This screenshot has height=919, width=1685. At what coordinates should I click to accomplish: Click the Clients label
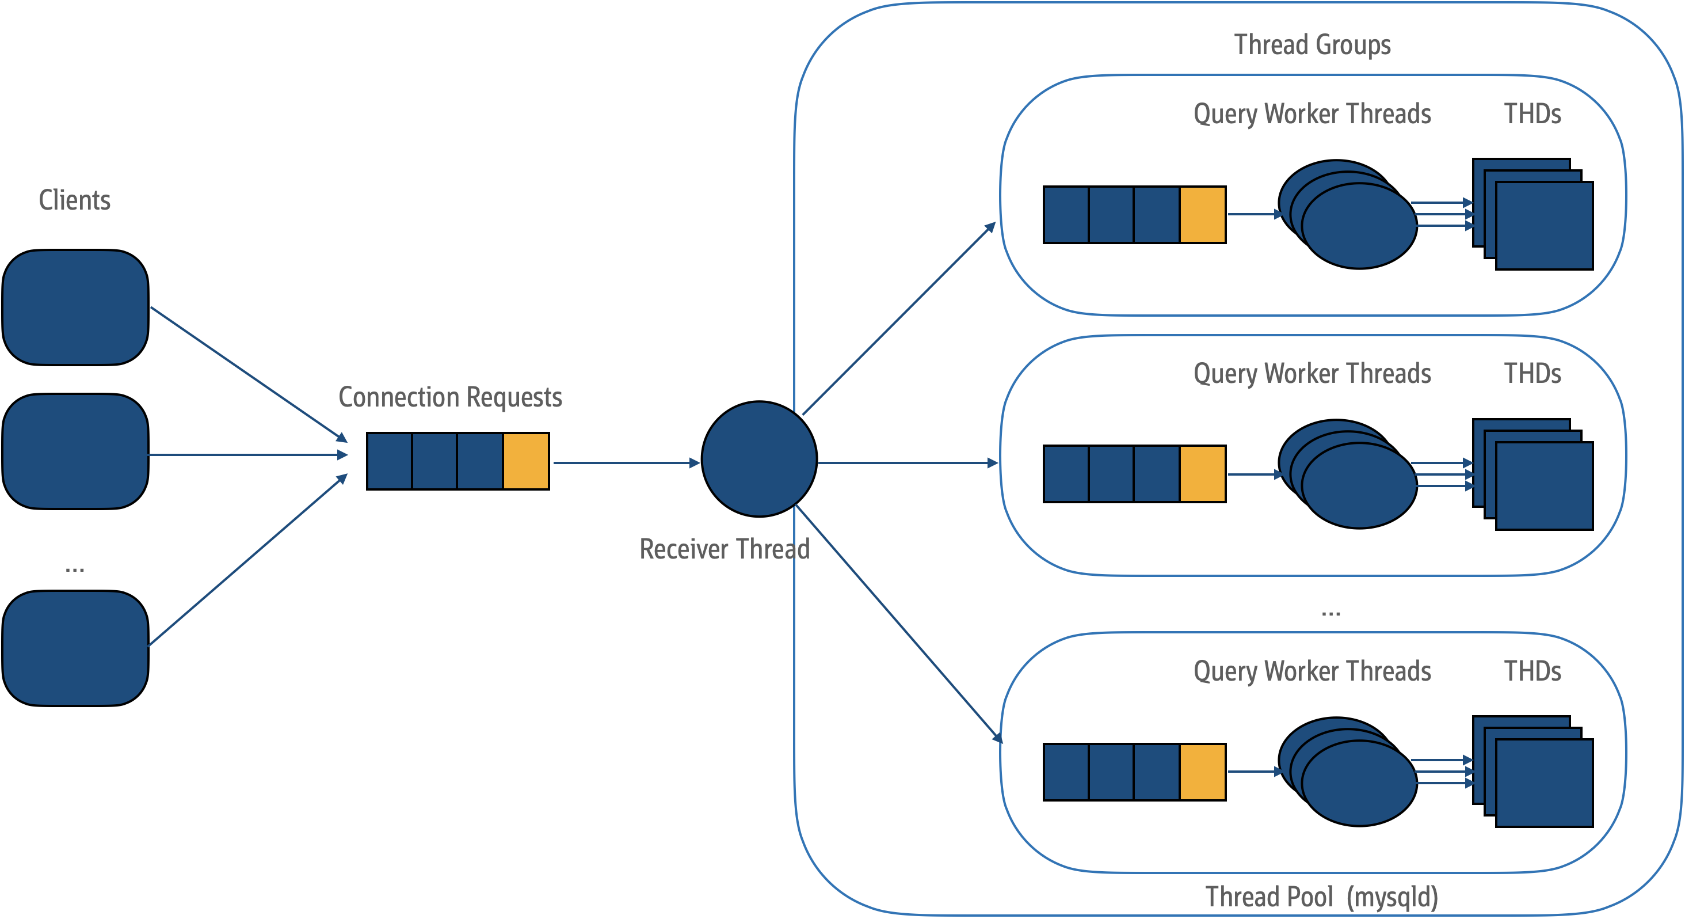(x=75, y=200)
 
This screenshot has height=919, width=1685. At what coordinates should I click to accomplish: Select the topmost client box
(x=75, y=307)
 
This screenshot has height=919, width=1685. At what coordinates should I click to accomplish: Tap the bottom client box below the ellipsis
(x=75, y=648)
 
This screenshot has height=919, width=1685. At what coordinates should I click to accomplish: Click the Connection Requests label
(x=450, y=397)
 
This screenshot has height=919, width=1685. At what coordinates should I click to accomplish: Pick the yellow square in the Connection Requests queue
(x=525, y=461)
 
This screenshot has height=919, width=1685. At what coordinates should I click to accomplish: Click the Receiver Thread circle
(x=759, y=459)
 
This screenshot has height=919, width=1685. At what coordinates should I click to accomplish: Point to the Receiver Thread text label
(x=724, y=549)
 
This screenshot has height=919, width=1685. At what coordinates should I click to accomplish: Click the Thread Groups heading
(x=1312, y=44)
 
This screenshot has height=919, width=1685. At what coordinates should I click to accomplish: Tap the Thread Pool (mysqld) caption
(x=1321, y=897)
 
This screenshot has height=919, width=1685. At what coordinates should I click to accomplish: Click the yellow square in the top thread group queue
(x=1202, y=215)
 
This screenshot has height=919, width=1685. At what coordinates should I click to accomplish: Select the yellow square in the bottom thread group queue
(x=1202, y=772)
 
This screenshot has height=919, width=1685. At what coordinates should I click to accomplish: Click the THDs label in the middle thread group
(x=1532, y=374)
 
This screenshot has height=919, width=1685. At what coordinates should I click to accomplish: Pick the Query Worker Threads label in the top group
(x=1312, y=114)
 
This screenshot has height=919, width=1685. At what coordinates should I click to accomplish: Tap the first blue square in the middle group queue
(x=1066, y=474)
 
